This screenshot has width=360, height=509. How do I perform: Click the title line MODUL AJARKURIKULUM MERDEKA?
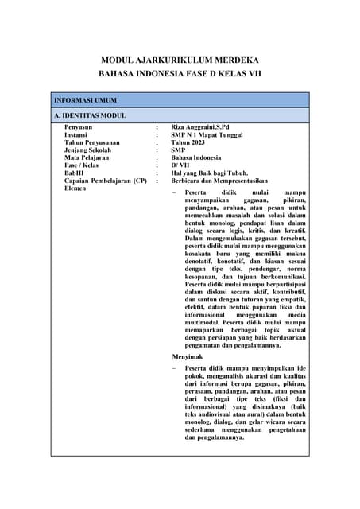(x=180, y=60)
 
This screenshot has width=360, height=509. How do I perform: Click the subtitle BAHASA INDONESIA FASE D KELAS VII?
(x=180, y=74)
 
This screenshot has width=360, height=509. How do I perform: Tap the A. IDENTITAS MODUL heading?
(x=90, y=116)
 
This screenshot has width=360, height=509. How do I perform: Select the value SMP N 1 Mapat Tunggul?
(x=207, y=135)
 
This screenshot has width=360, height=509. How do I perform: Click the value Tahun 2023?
(x=188, y=142)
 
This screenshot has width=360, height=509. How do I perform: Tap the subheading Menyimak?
(x=187, y=358)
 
